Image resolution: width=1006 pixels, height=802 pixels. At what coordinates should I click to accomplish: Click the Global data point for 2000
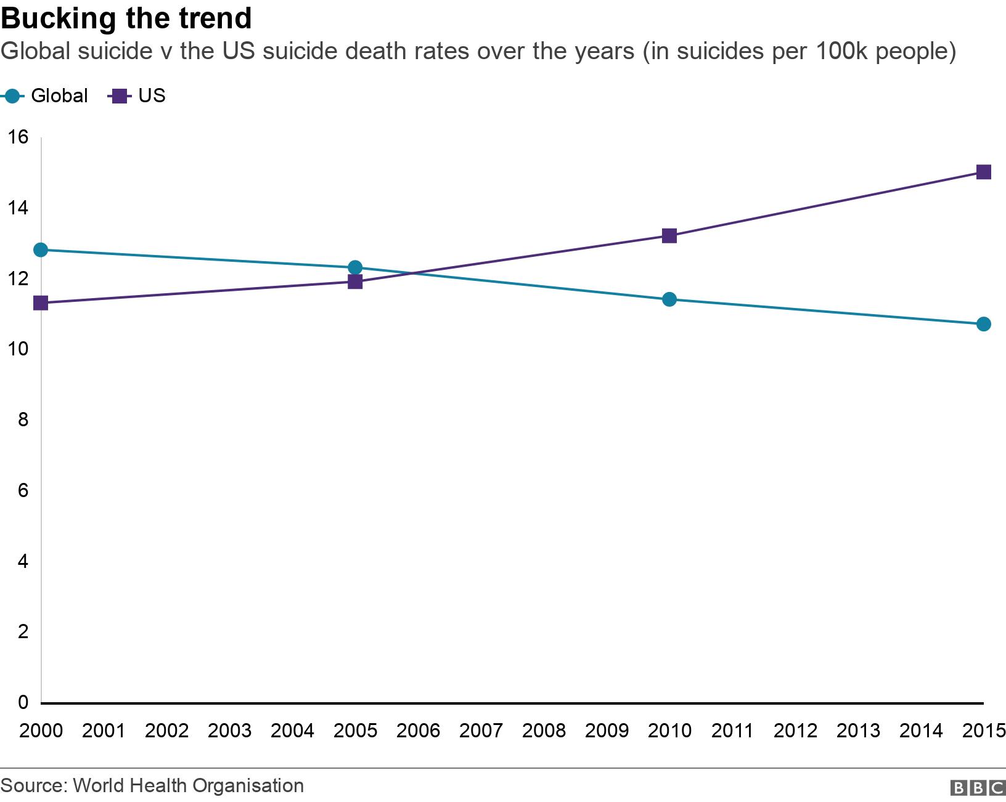pos(41,249)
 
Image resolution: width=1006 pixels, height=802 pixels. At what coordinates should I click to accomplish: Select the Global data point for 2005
pos(355,267)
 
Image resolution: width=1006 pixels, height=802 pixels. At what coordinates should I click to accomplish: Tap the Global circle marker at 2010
pos(669,299)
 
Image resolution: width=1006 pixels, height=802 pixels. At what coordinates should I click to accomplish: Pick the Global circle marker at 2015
pos(984,324)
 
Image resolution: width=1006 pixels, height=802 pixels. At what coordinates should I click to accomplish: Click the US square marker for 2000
pos(41,302)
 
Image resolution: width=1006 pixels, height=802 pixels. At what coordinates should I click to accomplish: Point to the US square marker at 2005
pos(355,282)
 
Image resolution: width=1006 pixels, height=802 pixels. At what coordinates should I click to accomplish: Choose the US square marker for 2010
pos(669,235)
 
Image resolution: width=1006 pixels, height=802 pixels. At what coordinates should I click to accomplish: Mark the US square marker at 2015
pos(984,172)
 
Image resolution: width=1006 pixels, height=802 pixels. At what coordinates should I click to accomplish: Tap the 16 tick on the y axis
pos(18,137)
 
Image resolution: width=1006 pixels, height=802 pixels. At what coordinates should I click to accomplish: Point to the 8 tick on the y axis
pos(23,419)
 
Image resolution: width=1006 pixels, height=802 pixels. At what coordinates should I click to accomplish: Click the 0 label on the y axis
pos(23,702)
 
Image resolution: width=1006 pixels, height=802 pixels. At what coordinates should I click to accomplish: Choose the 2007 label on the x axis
pos(481,731)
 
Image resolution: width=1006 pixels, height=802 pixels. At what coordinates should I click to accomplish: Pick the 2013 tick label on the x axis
pos(858,731)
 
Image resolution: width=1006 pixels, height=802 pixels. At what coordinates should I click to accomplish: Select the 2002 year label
pos(166,731)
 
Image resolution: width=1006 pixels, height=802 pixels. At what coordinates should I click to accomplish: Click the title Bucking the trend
pos(126,18)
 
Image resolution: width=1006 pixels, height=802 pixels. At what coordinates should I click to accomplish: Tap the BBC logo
pos(978,788)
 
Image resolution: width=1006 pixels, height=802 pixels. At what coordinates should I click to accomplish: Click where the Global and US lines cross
pos(409,273)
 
